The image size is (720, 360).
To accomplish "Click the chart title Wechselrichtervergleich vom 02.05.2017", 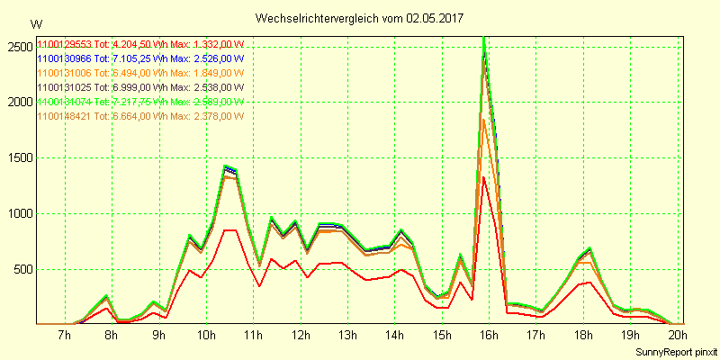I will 359,18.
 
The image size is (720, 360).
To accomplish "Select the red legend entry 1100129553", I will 140,44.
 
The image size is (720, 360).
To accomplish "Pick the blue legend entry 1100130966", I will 140,58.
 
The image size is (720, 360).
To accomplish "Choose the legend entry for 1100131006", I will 140,73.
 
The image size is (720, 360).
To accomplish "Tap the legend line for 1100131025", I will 140,87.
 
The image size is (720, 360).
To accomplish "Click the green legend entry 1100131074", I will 140,102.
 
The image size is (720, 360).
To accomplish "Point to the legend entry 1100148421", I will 140,116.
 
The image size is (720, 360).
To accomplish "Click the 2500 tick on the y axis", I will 18,46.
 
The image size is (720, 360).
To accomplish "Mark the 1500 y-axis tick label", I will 18,157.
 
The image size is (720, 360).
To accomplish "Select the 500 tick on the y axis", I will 22,269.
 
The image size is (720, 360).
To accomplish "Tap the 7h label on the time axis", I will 63,337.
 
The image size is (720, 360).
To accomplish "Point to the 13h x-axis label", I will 346,337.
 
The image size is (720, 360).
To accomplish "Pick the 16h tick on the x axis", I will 488,337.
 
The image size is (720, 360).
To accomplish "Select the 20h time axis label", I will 677,337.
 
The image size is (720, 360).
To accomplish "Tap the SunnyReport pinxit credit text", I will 674,350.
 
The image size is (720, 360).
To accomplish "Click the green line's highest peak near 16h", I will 484,38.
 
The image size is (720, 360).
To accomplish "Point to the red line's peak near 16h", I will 484,177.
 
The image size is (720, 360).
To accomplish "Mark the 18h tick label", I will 582,337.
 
